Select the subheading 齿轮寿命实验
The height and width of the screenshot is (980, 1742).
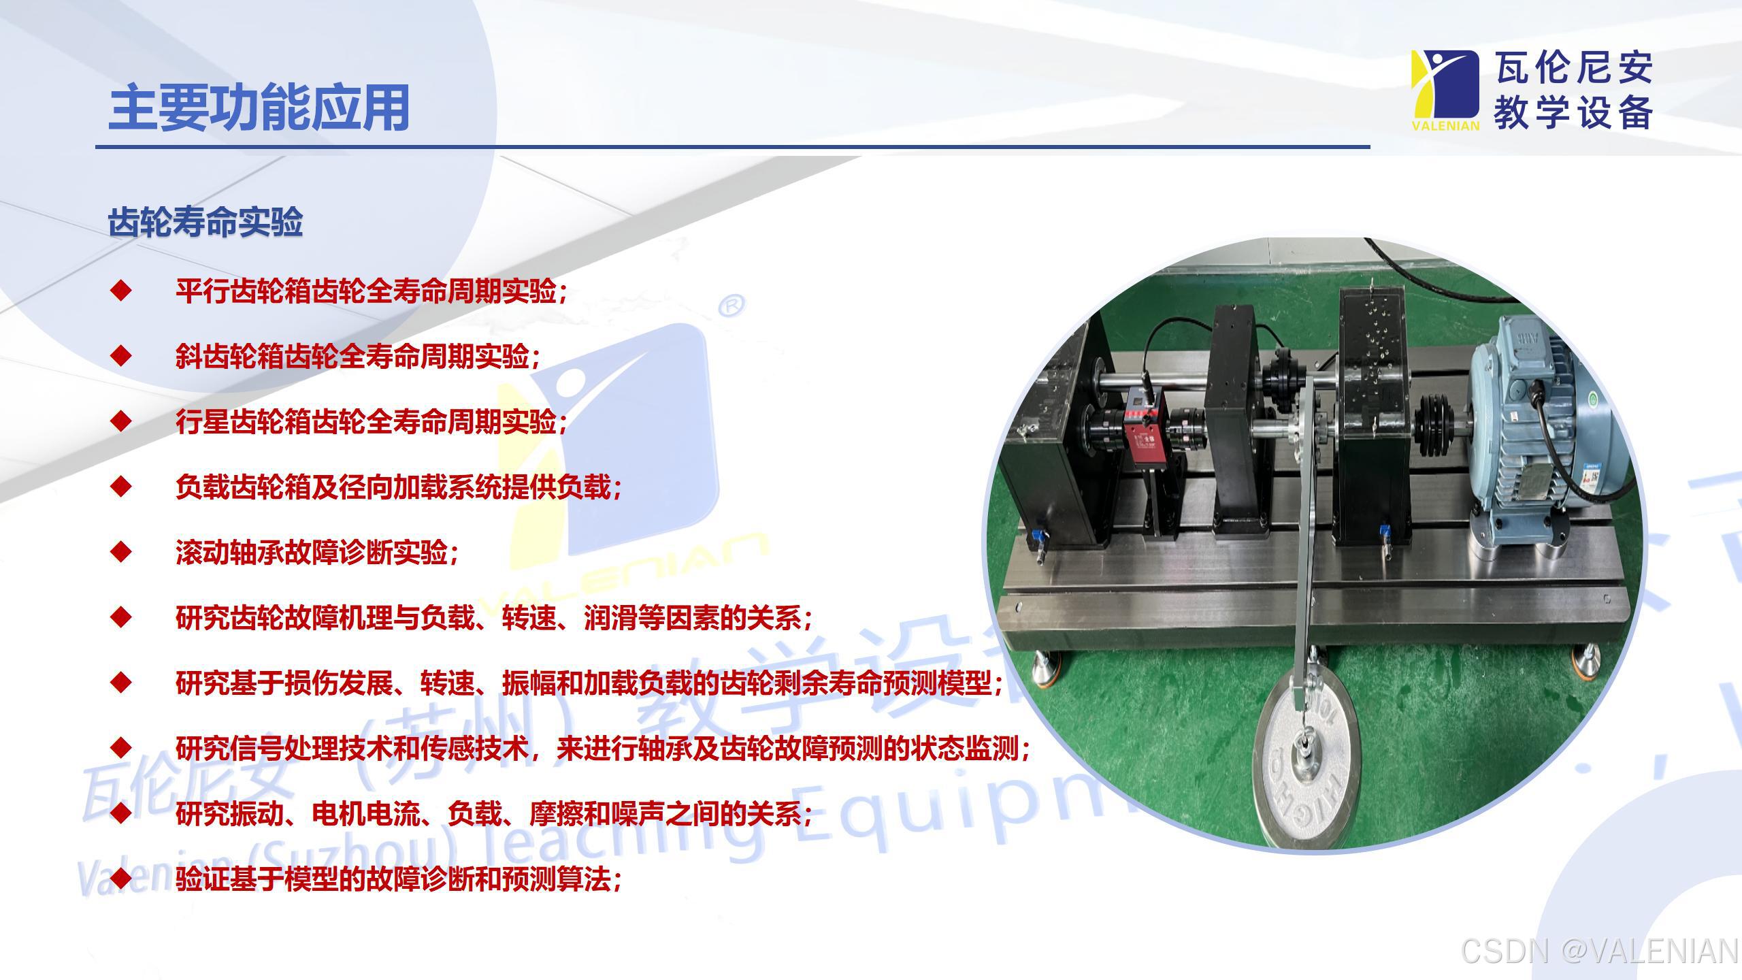click(x=205, y=223)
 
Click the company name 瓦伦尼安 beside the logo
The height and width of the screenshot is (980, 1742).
click(x=1573, y=68)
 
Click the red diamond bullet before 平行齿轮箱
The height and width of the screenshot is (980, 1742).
click(x=121, y=291)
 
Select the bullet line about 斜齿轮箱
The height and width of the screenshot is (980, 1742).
click(x=357, y=357)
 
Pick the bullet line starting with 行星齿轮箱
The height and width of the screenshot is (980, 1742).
click(x=371, y=422)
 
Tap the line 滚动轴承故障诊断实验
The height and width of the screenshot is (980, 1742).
click(x=316, y=553)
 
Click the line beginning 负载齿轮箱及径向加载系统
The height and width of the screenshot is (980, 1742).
click(x=398, y=487)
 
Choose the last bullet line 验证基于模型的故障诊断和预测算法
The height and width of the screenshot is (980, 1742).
click(x=398, y=879)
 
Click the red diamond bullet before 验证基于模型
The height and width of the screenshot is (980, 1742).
click(x=121, y=878)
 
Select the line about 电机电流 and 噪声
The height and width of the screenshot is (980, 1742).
click(x=493, y=814)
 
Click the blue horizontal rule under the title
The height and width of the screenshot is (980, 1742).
click(x=732, y=146)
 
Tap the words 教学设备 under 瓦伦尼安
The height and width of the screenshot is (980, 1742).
click(x=1573, y=112)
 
